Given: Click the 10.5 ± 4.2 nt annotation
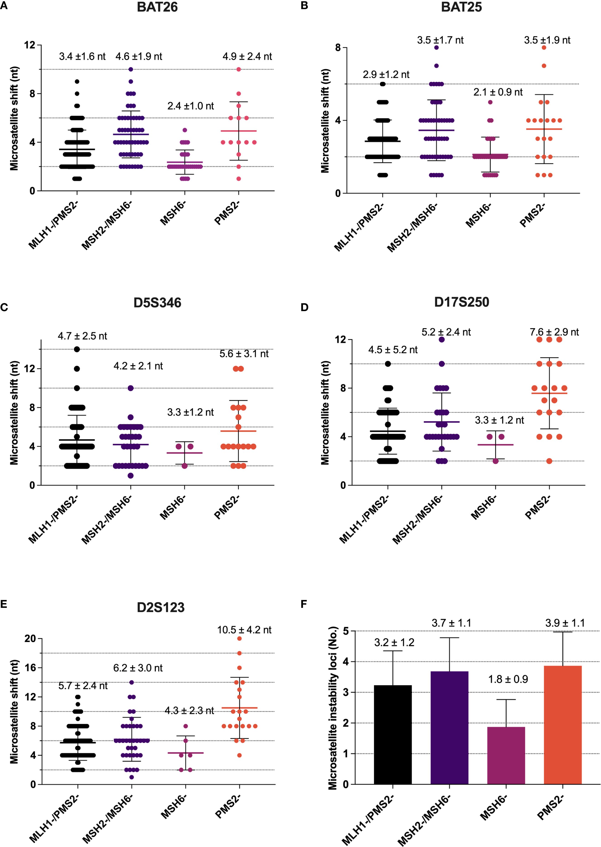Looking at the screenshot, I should tap(244, 630).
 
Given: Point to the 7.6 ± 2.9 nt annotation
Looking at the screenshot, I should tap(554, 332).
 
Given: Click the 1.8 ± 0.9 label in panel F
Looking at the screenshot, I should tap(508, 679).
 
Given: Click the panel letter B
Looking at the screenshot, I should tap(304, 6).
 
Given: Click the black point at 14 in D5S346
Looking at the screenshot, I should tap(77, 349).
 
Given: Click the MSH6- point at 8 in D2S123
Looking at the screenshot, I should tap(185, 726).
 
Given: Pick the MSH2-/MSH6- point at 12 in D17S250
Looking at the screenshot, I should tap(442, 339).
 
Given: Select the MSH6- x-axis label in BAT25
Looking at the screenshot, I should tap(478, 217).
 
